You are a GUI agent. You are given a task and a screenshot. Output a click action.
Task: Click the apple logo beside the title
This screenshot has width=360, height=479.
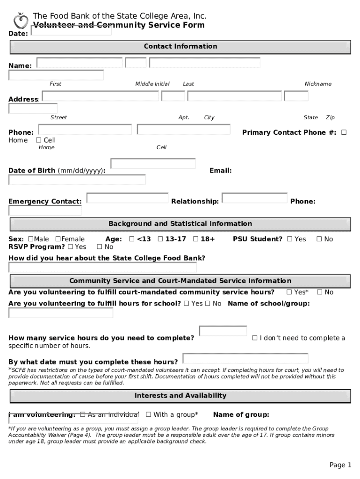(21, 21)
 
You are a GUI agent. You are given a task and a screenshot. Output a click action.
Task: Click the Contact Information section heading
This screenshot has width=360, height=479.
(180, 46)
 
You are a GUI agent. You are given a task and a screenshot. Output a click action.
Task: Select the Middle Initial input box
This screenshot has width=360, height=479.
(136, 63)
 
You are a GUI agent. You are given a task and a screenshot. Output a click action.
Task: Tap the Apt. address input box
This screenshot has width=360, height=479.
(173, 96)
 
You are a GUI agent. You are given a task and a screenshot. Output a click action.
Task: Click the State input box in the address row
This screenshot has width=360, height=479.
(296, 96)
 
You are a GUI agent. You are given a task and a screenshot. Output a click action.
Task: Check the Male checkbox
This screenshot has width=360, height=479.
(30, 239)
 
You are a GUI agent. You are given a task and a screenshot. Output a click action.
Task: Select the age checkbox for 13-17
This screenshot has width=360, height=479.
(160, 239)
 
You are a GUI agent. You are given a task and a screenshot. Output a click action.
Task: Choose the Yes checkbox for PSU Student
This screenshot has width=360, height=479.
(290, 239)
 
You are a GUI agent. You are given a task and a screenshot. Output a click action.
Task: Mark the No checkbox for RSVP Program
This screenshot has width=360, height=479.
(100, 247)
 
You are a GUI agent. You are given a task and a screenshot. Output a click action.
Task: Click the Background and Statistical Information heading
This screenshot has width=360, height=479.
(180, 224)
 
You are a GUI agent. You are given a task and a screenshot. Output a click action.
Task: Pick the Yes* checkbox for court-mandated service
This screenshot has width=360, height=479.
(289, 292)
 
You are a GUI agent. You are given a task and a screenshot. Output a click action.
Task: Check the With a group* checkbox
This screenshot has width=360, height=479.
(149, 414)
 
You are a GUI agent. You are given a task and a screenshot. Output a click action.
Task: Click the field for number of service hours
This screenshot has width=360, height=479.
(223, 331)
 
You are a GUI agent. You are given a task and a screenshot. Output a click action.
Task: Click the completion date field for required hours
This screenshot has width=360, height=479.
(245, 359)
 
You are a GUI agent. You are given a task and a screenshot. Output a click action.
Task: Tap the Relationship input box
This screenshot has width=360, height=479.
(254, 198)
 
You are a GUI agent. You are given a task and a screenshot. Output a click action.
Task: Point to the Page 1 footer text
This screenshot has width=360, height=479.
(340, 465)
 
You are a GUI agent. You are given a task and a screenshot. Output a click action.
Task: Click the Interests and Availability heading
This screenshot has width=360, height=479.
(180, 396)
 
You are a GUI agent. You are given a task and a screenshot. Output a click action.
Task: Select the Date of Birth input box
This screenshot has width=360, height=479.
(153, 164)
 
